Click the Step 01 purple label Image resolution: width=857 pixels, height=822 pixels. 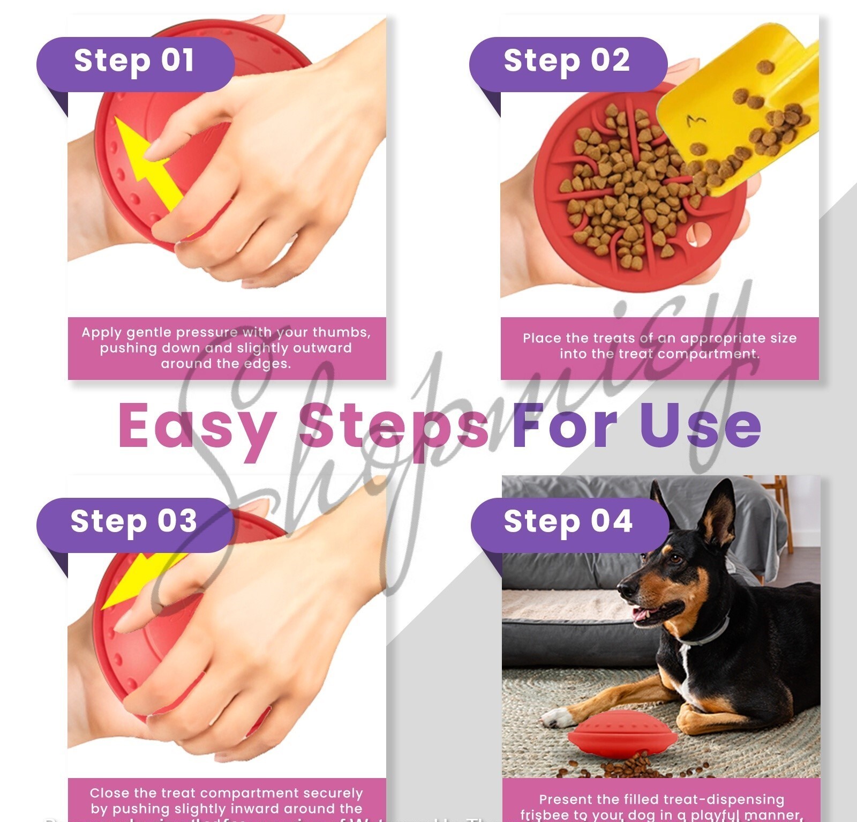(135, 63)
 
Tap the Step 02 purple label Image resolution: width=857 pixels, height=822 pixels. (568, 63)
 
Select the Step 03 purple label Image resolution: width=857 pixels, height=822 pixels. (135, 524)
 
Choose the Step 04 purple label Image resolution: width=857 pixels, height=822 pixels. (569, 524)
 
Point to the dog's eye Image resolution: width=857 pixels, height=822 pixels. (676, 559)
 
